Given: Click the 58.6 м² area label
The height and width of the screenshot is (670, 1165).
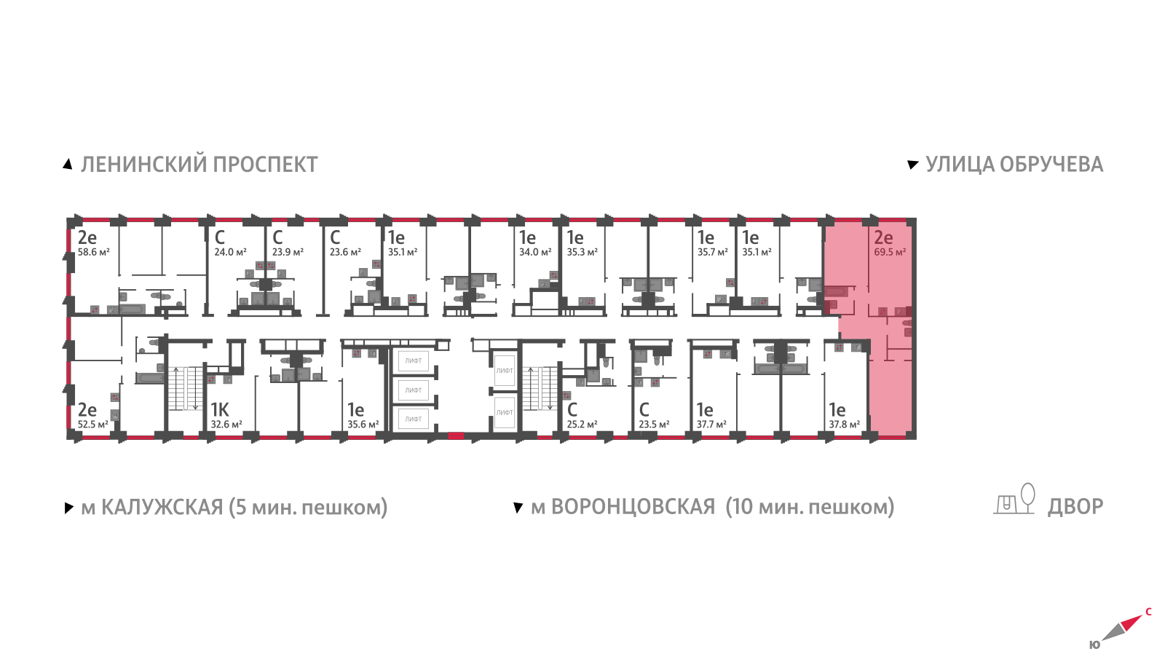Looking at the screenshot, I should click(x=93, y=252).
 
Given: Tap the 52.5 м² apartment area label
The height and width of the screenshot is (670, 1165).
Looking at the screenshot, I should click(x=92, y=425).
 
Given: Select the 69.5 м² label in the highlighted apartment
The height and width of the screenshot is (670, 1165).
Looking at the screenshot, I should click(x=890, y=252).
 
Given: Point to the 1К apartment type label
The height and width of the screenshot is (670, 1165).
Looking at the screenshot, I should click(x=219, y=410).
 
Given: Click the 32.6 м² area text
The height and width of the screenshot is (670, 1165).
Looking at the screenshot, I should click(x=226, y=425).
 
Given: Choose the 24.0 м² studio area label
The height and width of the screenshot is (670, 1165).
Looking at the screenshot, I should click(x=230, y=252).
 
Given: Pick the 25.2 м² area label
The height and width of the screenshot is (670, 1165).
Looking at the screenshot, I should click(x=582, y=425).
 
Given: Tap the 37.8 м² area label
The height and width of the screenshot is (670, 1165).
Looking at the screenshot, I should click(x=844, y=425).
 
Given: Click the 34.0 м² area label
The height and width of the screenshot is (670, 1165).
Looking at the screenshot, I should click(x=534, y=252).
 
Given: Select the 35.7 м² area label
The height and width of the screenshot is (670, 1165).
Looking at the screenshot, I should click(x=712, y=252).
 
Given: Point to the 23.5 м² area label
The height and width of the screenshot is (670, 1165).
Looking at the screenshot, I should click(x=654, y=425).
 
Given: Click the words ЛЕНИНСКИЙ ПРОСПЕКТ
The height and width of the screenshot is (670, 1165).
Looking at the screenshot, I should click(x=199, y=165).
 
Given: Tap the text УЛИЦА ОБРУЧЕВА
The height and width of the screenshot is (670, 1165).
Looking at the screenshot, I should click(x=1014, y=165).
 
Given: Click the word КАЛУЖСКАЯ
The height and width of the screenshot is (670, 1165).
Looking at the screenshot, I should click(x=162, y=507).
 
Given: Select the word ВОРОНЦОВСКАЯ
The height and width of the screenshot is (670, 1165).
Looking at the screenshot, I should click(x=633, y=507).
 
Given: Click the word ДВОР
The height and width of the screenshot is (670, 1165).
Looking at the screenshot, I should click(x=1075, y=507).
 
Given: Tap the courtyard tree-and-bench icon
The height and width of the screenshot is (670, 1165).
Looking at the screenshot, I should click(x=1015, y=500).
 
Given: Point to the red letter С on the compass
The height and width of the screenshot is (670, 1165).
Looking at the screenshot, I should click(x=1148, y=612).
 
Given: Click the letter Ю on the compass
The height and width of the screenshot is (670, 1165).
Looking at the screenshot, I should click(x=1094, y=645).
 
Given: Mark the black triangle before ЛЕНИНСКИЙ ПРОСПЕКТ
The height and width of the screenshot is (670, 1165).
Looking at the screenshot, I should click(x=68, y=165).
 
